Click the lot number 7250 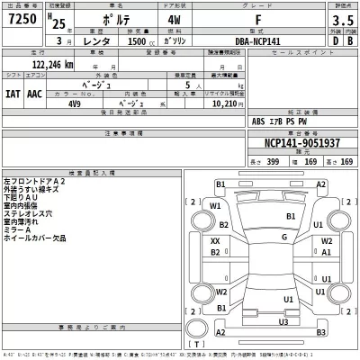tap(21, 19)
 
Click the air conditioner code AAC tap(34, 93)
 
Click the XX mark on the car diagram tap(216, 241)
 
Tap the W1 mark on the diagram tap(216, 205)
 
